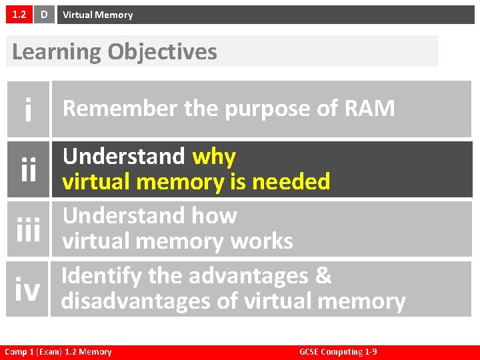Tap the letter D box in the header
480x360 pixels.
(x=44, y=15)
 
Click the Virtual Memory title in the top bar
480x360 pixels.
(x=97, y=15)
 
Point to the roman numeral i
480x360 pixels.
(x=28, y=109)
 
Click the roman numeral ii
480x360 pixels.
(x=28, y=169)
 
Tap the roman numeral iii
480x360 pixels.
(x=28, y=229)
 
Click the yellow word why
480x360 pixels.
(x=214, y=157)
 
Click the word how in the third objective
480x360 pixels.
(x=214, y=216)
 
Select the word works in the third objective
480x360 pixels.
(x=261, y=241)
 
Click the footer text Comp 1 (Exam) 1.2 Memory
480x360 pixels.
(x=58, y=352)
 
